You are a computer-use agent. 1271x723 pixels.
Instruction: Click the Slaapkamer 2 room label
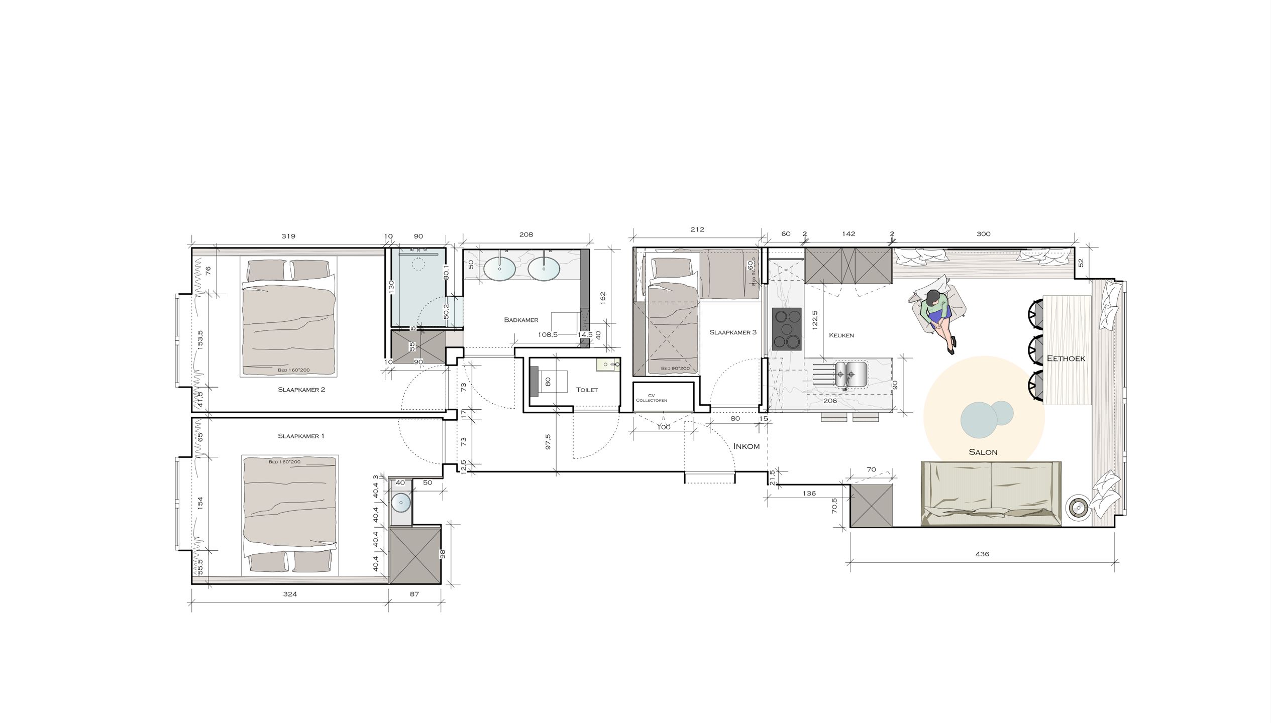pos(301,390)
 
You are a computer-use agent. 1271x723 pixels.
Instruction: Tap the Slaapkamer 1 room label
pos(301,436)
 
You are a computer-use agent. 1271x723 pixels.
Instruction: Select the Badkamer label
pos(521,320)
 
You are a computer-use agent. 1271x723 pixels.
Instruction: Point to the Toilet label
pos(587,390)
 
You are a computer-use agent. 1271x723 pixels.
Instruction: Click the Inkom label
pos(746,446)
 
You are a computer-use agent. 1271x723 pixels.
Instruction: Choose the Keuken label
pos(841,335)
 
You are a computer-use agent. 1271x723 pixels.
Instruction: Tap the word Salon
pos(983,452)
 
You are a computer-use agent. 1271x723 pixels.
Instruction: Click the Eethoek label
pos(1066,358)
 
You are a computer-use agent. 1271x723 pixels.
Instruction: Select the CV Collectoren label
pos(651,398)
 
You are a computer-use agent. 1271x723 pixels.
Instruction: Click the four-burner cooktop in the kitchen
pos(787,329)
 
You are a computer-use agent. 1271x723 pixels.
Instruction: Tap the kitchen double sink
pos(851,374)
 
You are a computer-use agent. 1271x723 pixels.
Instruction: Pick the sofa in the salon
pos(991,494)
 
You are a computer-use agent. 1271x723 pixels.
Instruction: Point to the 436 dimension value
pos(982,554)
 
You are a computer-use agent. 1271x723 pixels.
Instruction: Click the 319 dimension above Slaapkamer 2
pos(288,236)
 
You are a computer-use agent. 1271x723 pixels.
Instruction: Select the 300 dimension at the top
pos(983,234)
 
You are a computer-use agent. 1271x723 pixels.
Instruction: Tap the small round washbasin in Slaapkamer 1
pos(401,503)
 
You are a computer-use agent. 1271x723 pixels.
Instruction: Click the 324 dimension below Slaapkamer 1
pos(290,594)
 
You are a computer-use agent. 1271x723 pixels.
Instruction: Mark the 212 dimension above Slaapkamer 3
pos(697,229)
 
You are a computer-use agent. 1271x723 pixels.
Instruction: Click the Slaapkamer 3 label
pos(732,332)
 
